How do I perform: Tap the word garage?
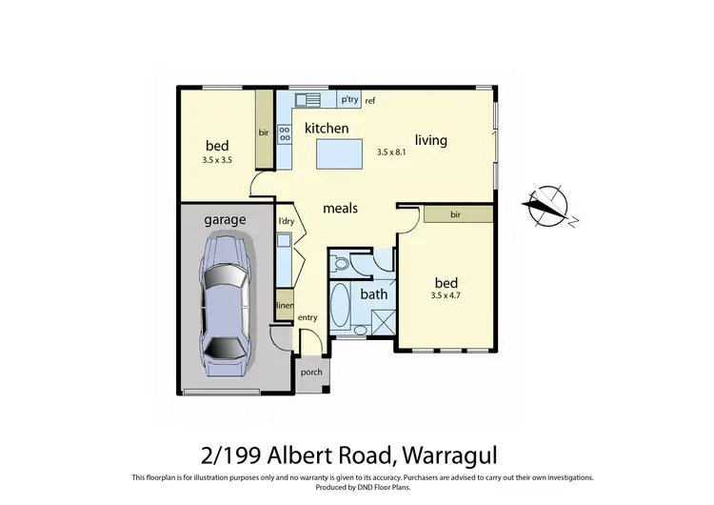[x=225, y=219]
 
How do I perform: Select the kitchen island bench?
[x=339, y=151]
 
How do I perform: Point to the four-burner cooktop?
[x=284, y=134]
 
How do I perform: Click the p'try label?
[x=349, y=99]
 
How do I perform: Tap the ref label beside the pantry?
[x=370, y=100]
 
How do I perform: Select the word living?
[x=430, y=140]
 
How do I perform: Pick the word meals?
[x=340, y=207]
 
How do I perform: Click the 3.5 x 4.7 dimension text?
[x=446, y=296]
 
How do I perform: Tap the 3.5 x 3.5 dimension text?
[x=218, y=160]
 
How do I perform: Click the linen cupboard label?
[x=284, y=305]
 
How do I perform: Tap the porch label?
[x=311, y=373]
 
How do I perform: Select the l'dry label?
[x=285, y=222]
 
